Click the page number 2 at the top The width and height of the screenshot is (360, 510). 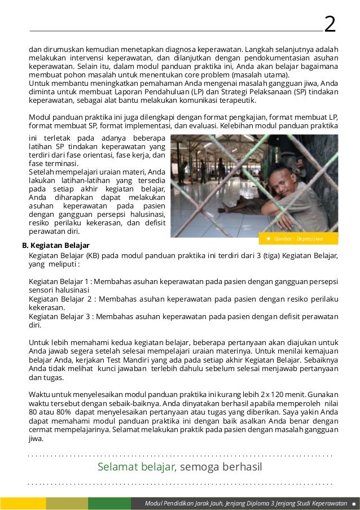(330, 24)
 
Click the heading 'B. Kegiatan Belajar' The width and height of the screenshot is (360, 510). (55, 246)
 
